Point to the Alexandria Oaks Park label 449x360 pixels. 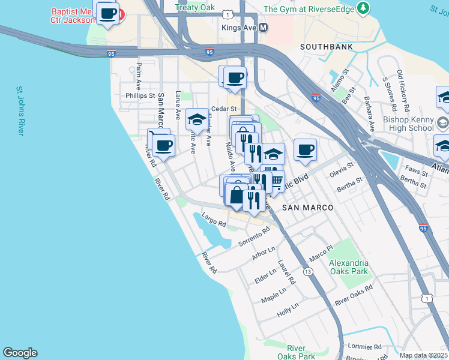tap(349, 267)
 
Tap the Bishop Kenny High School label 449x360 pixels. tap(408, 124)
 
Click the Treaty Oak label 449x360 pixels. tap(195, 8)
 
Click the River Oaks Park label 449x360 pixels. tap(300, 352)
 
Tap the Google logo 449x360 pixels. tap(20, 353)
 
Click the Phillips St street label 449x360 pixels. tap(140, 95)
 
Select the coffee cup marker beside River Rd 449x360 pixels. tap(163, 145)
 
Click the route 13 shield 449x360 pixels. tap(308, 272)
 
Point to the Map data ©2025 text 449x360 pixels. tap(423, 355)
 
